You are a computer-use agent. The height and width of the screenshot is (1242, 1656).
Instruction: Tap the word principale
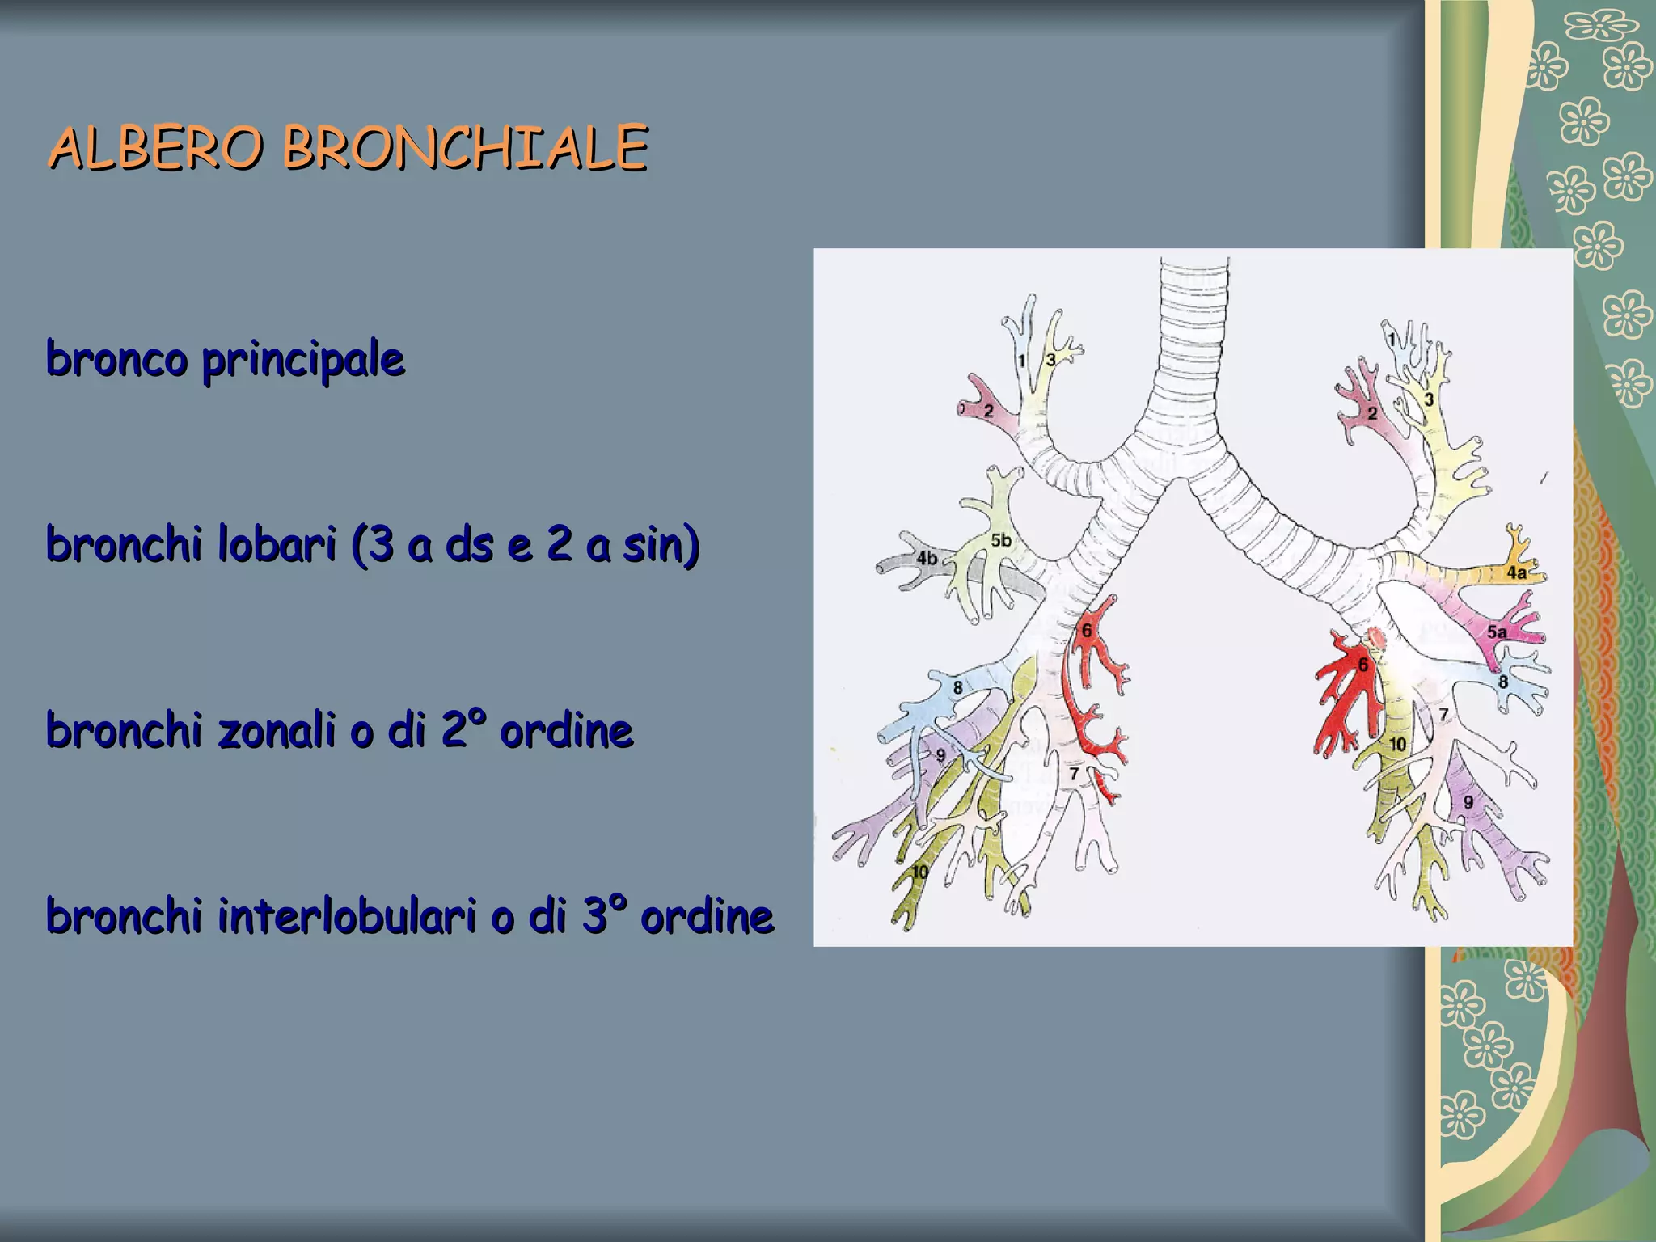pyautogui.click(x=303, y=360)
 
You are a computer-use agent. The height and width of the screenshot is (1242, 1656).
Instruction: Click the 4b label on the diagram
pyautogui.click(x=927, y=558)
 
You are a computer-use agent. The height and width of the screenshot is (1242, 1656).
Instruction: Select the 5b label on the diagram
pyautogui.click(x=1001, y=540)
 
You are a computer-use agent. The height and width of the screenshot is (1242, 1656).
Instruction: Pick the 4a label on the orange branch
pyautogui.click(x=1517, y=572)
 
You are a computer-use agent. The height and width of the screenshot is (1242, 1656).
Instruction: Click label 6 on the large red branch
pyautogui.click(x=1362, y=665)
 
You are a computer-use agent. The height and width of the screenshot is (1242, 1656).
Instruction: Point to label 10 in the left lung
pyautogui.click(x=920, y=872)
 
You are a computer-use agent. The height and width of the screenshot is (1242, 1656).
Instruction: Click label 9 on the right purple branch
pyautogui.click(x=1468, y=802)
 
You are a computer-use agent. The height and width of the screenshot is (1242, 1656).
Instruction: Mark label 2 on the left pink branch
pyautogui.click(x=988, y=411)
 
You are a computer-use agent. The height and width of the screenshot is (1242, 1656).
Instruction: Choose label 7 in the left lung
pyautogui.click(x=1074, y=774)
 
